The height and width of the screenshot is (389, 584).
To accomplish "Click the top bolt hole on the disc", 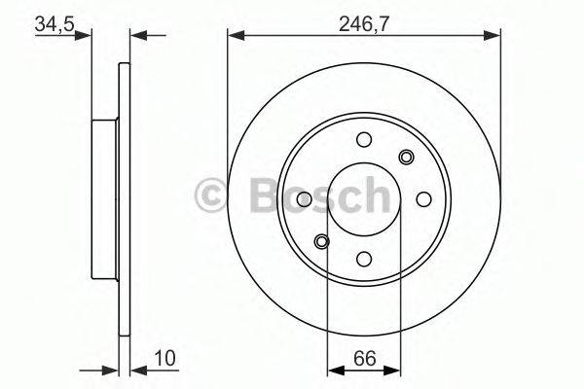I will point(364,139).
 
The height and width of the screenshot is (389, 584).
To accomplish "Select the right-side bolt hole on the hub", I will point(423,198).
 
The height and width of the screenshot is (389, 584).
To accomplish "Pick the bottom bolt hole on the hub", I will point(364,258).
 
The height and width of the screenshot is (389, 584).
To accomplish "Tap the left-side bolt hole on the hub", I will point(305,198).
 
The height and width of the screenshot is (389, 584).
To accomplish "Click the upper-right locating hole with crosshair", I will point(406,157).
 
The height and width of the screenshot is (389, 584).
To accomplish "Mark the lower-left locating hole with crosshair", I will point(322,241).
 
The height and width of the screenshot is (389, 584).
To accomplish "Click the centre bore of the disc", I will point(364,198).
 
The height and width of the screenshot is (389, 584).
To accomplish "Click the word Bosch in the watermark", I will point(311,197).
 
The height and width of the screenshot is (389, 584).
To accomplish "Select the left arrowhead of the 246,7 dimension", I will point(234,37).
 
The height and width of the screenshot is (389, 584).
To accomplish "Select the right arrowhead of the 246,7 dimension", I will point(495,37).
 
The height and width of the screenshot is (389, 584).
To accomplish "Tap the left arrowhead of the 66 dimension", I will point(334,369).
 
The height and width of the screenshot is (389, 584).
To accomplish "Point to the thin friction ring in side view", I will point(123,198).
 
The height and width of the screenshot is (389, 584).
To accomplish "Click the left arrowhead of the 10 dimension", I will point(111,369).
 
